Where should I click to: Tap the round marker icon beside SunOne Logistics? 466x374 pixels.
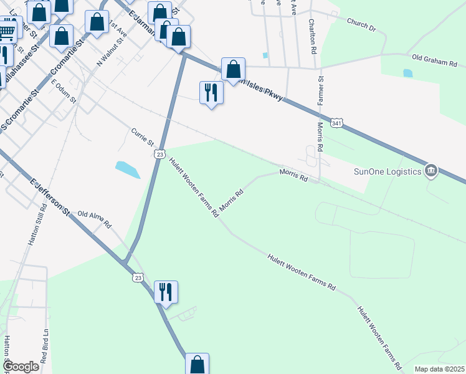[430, 171]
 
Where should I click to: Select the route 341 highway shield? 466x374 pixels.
[336, 123]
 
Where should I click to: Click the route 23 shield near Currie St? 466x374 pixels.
[159, 153]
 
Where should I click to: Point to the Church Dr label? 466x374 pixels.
[361, 25]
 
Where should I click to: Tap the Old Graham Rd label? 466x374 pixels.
[435, 61]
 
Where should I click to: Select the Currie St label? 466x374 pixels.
[142, 138]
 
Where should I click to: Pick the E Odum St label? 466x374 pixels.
[64, 91]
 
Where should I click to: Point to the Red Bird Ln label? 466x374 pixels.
[44, 347]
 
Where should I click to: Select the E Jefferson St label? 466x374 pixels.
[50, 196]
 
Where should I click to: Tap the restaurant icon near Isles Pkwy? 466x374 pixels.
[211, 92]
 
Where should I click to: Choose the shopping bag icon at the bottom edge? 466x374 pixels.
[197, 364]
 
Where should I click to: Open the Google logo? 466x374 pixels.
[21, 367]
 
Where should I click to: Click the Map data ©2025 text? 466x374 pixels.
[439, 369]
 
